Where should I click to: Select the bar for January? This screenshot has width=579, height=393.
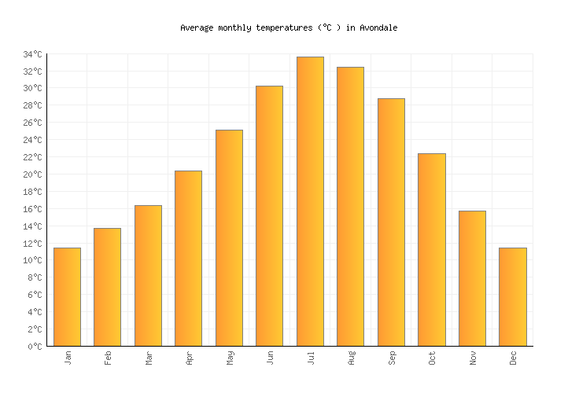tap(67, 297)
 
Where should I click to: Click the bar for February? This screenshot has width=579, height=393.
tap(107, 287)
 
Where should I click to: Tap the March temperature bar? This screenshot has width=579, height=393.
tap(148, 276)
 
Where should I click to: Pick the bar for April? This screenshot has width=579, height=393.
tap(188, 259)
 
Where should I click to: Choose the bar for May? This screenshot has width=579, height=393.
tap(229, 238)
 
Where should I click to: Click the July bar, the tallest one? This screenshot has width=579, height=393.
tap(310, 201)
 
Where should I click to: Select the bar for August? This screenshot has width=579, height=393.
tap(350, 207)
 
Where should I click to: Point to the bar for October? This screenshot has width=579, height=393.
tap(431, 250)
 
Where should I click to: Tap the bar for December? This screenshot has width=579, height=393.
tap(512, 297)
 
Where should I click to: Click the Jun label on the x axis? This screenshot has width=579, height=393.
tap(271, 358)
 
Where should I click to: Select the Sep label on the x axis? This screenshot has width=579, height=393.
tap(392, 358)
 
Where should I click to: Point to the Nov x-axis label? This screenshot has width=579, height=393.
tap(473, 358)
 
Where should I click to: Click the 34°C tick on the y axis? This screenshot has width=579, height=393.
tap(32, 54)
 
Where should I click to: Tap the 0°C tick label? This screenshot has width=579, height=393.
tap(35, 347)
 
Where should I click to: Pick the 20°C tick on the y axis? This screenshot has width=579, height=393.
tap(32, 174)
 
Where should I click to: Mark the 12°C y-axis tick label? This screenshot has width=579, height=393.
tap(32, 244)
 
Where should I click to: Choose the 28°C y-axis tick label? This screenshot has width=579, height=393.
tap(32, 106)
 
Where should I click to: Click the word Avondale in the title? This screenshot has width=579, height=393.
tap(378, 28)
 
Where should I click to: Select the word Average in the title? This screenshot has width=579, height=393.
tap(197, 28)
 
